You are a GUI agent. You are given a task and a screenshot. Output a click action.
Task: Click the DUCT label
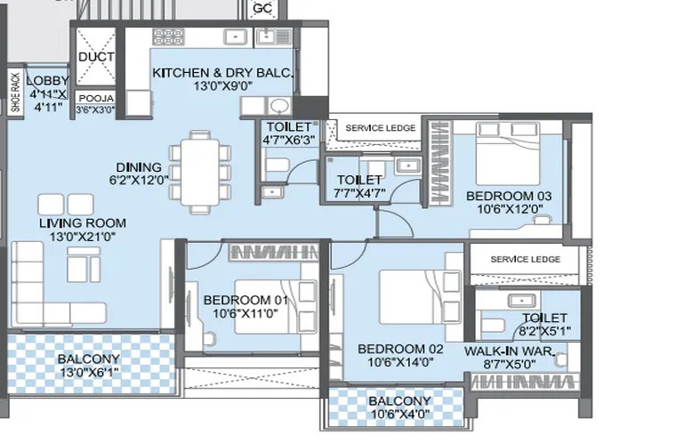[x=96, y=57]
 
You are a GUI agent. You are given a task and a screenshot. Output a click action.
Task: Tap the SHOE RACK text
[x=16, y=93]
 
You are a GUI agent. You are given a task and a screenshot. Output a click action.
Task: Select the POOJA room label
[x=96, y=99]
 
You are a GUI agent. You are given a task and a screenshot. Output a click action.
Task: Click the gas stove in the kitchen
[x=168, y=36]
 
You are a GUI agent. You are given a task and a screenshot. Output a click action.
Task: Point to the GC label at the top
[x=262, y=8]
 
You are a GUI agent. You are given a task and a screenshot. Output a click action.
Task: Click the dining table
[x=200, y=172]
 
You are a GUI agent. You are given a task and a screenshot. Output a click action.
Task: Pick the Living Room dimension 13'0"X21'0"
[x=83, y=237]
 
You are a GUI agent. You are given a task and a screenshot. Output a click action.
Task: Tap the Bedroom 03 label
[x=509, y=196]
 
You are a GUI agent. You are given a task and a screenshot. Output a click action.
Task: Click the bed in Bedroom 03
[x=508, y=154]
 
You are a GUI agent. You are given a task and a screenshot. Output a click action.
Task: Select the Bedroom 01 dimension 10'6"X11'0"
[x=245, y=313]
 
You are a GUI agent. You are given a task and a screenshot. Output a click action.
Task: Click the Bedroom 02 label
[x=400, y=349]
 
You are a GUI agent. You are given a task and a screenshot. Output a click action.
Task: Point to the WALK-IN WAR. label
[x=509, y=351]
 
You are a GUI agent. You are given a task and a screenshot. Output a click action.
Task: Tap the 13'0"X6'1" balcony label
[x=89, y=373]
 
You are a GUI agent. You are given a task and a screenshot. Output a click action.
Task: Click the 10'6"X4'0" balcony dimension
[x=399, y=414]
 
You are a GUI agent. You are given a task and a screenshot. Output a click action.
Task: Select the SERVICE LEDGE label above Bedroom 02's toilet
[x=525, y=259]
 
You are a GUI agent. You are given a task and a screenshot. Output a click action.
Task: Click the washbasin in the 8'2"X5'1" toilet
[x=522, y=301]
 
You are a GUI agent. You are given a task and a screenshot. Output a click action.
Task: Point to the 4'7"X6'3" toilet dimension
[x=288, y=141]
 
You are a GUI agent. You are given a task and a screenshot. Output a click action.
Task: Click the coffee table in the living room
[x=84, y=264]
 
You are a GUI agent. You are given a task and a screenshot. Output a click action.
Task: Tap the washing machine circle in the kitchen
[x=278, y=106]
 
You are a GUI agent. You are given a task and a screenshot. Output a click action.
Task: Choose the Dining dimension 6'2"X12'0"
[x=139, y=180]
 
